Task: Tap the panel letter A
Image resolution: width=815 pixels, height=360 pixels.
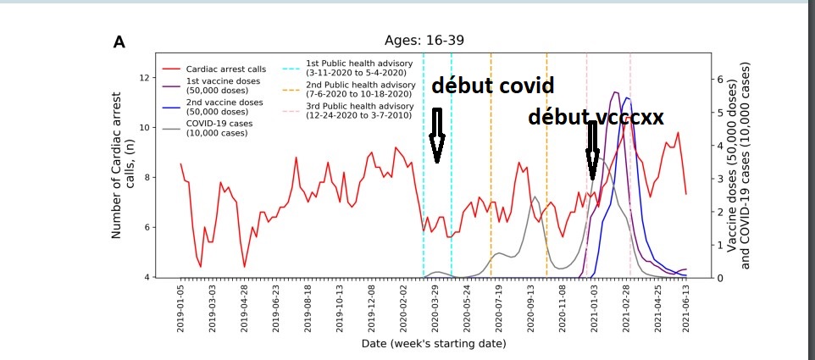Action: pyautogui.click(x=119, y=42)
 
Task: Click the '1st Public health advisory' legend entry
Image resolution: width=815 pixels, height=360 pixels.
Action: pyautogui.click(x=359, y=68)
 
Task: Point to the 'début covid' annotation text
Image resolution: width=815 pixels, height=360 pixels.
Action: pyautogui.click(x=492, y=86)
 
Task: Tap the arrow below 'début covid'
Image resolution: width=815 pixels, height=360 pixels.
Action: pyautogui.click(x=437, y=136)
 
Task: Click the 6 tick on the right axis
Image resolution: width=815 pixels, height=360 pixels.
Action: pyautogui.click(x=720, y=79)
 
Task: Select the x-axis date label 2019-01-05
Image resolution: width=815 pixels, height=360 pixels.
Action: pyautogui.click(x=180, y=309)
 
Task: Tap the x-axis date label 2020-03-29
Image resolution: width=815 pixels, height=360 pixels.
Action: pyautogui.click(x=435, y=309)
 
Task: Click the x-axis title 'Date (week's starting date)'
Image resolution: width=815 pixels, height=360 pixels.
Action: pyautogui.click(x=433, y=344)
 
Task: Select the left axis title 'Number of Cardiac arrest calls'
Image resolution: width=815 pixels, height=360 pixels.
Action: pyautogui.click(x=124, y=177)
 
